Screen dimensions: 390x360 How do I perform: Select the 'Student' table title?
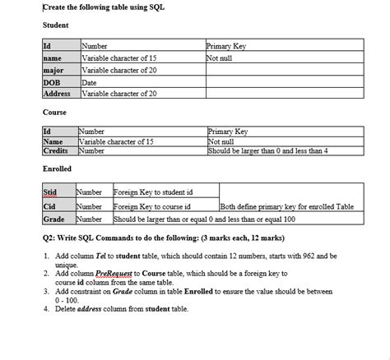55,25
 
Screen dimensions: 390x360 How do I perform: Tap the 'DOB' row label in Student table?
53,82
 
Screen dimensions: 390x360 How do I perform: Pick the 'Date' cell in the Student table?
90,82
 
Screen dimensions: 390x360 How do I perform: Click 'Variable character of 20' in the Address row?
119,94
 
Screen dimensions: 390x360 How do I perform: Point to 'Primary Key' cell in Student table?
226,47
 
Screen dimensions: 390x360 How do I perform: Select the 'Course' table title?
54,111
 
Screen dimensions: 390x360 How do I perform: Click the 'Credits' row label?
56,151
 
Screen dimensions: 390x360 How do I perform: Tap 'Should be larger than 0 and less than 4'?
268,151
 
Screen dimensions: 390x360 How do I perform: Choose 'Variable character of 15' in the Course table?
116,141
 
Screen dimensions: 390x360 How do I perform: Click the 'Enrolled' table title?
58,168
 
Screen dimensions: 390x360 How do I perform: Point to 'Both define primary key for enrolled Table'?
287,206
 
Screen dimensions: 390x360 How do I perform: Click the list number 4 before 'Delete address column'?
46,309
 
